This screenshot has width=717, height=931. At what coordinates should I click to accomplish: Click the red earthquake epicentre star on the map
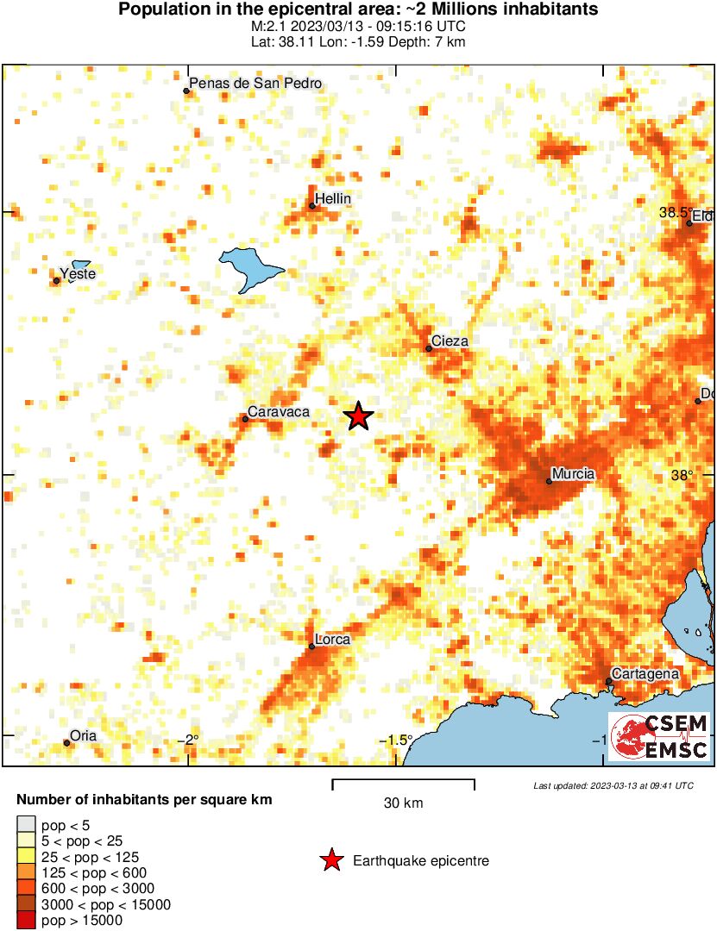358,417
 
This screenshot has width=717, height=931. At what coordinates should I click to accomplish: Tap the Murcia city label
574,473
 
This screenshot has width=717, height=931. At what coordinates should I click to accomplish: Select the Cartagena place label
645,673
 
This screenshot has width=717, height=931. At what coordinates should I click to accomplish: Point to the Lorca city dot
312,646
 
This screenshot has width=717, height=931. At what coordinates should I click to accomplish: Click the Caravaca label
279,412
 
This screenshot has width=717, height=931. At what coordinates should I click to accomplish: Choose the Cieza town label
450,341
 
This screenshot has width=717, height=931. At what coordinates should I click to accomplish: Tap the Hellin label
333,199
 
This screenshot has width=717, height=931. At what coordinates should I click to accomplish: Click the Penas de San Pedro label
255,84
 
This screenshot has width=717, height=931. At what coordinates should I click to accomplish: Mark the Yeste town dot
57,280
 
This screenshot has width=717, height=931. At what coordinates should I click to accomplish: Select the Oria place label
84,736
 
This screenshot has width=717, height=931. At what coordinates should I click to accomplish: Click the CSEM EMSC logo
660,737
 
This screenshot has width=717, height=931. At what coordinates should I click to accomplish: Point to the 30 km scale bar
403,781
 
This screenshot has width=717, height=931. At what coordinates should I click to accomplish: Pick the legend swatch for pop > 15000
26,921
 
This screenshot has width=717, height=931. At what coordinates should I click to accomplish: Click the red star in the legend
330,860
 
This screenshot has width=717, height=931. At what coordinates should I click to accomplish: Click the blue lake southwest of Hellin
251,268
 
